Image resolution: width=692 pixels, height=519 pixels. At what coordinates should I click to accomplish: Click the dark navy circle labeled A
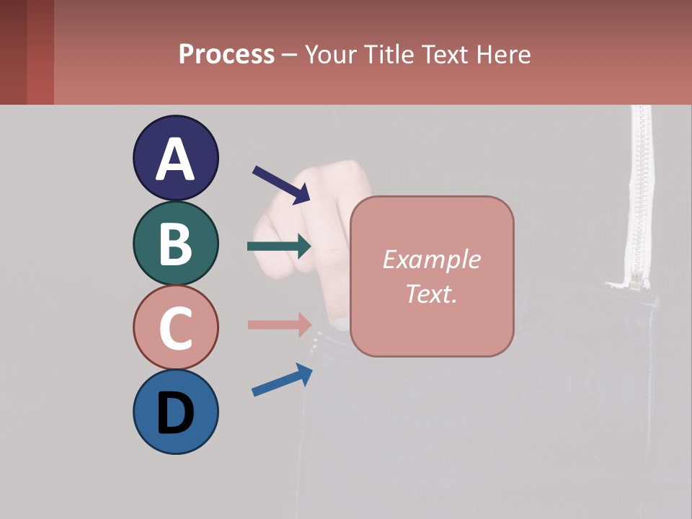coord(176,158)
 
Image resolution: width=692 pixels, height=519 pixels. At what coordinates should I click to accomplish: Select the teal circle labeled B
coord(176,243)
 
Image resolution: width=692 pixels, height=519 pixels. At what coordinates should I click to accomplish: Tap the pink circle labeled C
coord(176,327)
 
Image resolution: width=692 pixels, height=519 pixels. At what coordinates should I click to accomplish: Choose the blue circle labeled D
coord(176,412)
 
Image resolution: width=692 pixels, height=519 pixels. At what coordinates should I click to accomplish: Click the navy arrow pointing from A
coord(281,185)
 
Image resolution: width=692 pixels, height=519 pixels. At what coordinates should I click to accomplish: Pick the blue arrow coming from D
coord(282,380)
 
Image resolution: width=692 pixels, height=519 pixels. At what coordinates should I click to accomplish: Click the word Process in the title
coord(226,54)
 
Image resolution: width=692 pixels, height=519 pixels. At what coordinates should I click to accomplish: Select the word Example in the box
coord(431,259)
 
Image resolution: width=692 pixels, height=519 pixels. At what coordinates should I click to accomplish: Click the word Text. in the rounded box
coord(431,293)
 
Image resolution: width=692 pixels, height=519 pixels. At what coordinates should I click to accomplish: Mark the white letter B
coord(176,244)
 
